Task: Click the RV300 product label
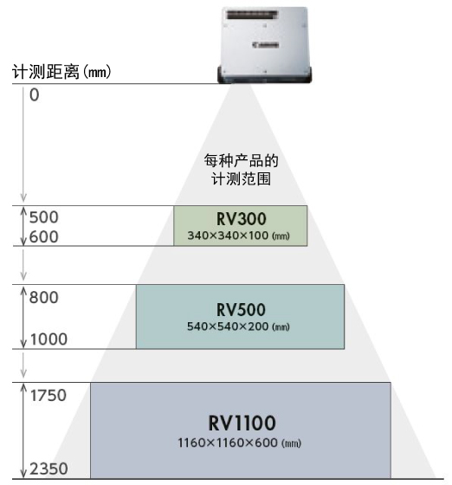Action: pos(241,219)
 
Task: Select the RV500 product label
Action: pos(241,310)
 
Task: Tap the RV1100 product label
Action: pos(242,423)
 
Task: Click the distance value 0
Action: pos(35,95)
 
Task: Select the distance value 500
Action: pos(43,217)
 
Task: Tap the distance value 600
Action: pos(43,237)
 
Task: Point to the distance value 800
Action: pos(43,298)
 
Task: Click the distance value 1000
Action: pos(48,339)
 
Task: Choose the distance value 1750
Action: pos(48,395)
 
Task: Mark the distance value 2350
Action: pos(48,469)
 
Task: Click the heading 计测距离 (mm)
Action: pos(61,72)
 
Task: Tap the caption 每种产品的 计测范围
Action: pos(241,170)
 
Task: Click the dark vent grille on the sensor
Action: pos(253,15)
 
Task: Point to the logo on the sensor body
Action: pos(265,45)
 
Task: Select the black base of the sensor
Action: pos(265,74)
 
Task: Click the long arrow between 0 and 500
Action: pos(23,145)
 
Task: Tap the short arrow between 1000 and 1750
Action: pos(23,364)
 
